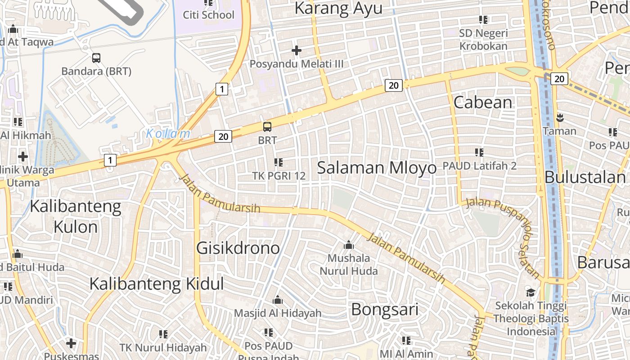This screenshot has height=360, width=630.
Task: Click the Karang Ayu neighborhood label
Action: pyautogui.click(x=338, y=8)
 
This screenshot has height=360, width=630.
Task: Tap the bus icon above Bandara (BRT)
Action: pyautogui.click(x=96, y=58)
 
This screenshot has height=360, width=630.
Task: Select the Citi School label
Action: pyautogui.click(x=208, y=15)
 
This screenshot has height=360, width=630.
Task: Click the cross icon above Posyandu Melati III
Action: pyautogui.click(x=296, y=50)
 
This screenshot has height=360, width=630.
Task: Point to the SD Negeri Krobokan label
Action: pyautogui.click(x=483, y=40)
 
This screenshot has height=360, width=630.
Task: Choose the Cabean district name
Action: pyautogui.click(x=483, y=103)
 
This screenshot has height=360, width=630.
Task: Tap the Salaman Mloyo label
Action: pyautogui.click(x=377, y=168)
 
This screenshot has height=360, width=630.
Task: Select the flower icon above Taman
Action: pyautogui.click(x=559, y=118)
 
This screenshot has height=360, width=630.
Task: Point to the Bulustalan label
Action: pyautogui.click(x=585, y=177)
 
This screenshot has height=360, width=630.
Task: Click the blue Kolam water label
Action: pyautogui.click(x=168, y=134)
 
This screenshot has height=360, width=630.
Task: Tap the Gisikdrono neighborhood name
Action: pyautogui.click(x=238, y=248)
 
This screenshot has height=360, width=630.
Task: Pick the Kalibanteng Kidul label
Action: pyautogui.click(x=157, y=284)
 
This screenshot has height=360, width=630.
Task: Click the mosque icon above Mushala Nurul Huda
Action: pyautogui.click(x=348, y=245)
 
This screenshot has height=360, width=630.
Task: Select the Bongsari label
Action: pyautogui.click(x=385, y=310)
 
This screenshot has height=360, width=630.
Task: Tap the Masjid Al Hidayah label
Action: pyautogui.click(x=278, y=313)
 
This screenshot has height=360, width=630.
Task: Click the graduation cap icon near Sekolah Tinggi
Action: pyautogui.click(x=531, y=292)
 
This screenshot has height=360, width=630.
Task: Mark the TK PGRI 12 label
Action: pyautogui.click(x=278, y=176)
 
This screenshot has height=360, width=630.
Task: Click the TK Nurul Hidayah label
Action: pyautogui.click(x=163, y=347)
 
